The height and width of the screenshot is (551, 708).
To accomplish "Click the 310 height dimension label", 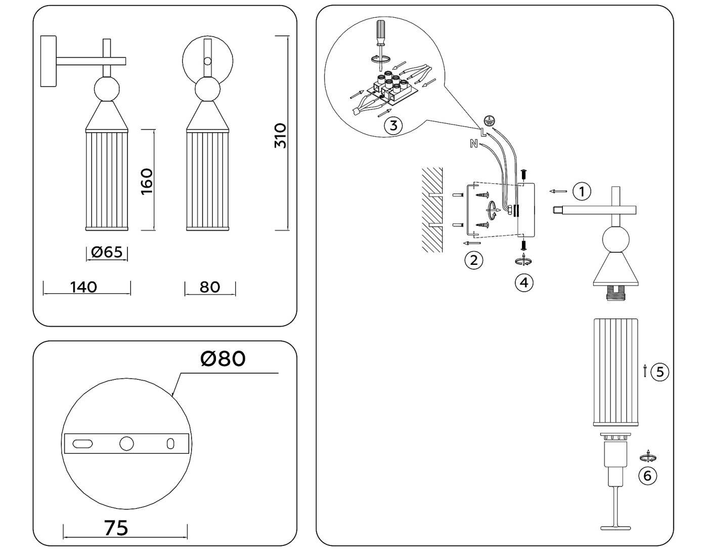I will [x=280, y=136].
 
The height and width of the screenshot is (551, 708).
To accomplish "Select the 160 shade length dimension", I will [x=146, y=181].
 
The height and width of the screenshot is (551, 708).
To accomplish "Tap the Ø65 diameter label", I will [x=107, y=252].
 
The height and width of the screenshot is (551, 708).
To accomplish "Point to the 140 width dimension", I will [x=83, y=287].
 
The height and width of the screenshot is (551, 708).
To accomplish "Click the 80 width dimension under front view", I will [x=210, y=287].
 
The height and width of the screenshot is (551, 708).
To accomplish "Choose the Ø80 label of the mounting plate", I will [x=223, y=359].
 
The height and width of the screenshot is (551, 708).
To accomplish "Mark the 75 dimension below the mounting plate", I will [x=116, y=528].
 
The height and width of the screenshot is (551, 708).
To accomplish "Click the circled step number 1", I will [x=582, y=191].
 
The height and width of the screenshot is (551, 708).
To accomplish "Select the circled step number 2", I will [x=474, y=260].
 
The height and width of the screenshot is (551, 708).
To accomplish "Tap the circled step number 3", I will [x=393, y=125].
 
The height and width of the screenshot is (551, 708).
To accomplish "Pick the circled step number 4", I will [x=524, y=282].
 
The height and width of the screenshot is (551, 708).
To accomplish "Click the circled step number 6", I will [x=647, y=476].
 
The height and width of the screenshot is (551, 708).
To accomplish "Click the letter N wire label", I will [x=474, y=144].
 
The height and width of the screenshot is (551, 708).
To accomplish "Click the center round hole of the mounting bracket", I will [x=126, y=444].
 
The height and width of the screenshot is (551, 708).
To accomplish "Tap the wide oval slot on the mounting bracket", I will [x=83, y=444].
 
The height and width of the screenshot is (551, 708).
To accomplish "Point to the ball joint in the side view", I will [x=107, y=89].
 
